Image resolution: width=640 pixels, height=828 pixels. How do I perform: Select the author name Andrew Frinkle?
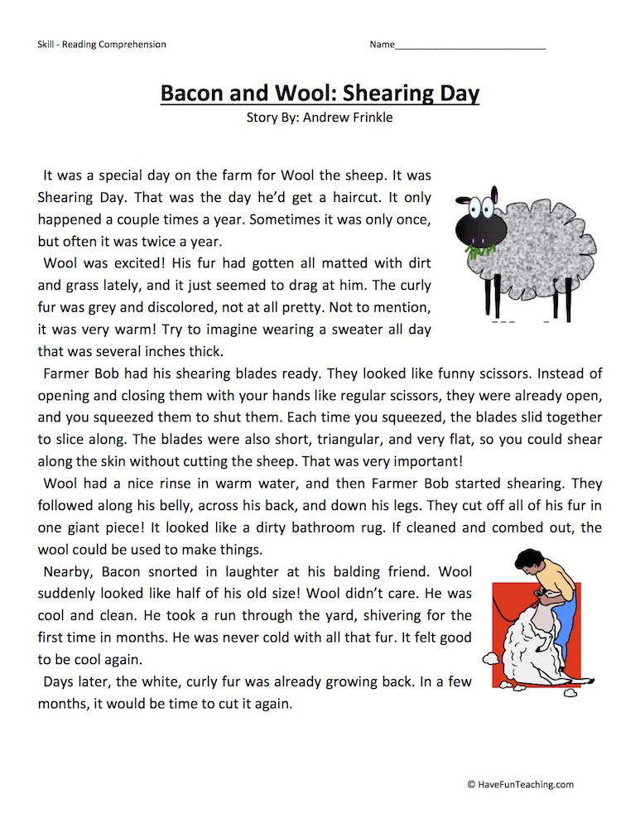coord(348,118)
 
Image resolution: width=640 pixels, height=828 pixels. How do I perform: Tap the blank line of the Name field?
coord(469,46)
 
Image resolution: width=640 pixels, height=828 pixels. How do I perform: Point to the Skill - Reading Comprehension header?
coord(101,45)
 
